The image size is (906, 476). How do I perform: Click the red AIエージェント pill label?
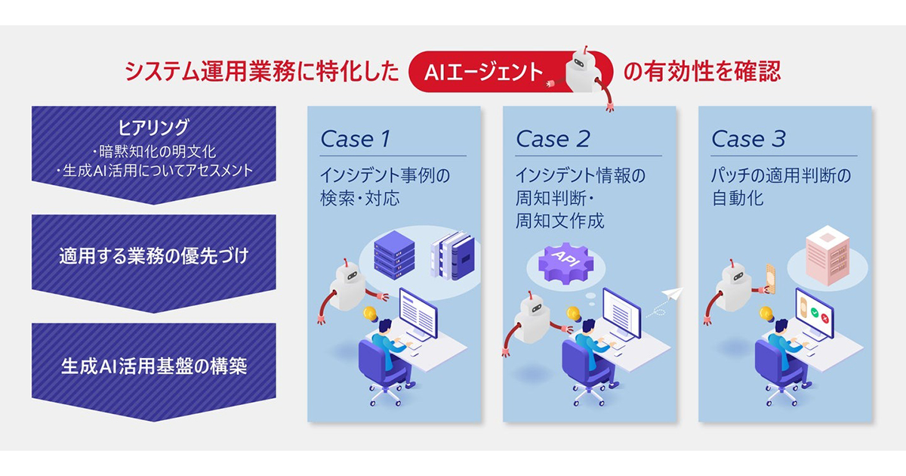[483, 73]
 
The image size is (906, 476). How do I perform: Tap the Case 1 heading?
[356, 139]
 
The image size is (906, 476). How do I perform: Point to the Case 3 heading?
[748, 139]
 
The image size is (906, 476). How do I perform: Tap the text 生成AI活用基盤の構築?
[154, 366]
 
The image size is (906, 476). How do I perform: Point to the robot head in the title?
[584, 64]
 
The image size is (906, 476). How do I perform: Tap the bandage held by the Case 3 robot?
[768, 279]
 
